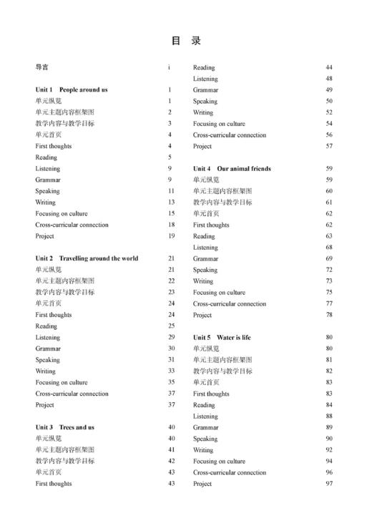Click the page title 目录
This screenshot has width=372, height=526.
186,41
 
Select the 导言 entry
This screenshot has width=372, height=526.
42,67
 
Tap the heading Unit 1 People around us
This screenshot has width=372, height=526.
72,90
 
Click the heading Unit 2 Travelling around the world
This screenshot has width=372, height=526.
87,258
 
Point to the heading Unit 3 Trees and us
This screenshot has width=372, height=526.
65,427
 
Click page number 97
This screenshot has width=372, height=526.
329,484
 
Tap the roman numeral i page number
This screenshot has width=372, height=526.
170,67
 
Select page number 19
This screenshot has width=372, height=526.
171,236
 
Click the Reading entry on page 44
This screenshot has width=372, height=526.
204,67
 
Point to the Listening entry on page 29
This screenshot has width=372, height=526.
48,337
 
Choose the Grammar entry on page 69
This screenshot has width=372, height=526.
206,258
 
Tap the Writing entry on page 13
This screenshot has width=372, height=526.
46,203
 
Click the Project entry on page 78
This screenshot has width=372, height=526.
202,315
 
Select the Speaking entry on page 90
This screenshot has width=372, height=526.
205,439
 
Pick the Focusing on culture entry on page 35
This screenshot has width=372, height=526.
62,382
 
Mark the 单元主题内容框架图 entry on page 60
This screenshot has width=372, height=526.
222,191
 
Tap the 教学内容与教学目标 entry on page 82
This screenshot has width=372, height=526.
222,371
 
